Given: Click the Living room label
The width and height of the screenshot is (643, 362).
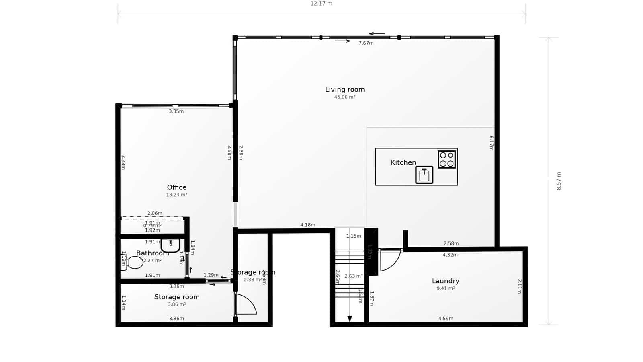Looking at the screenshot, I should (345, 90).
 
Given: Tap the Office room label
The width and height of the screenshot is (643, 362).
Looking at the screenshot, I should (177, 187).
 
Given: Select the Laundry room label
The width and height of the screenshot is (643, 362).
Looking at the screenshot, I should (445, 281).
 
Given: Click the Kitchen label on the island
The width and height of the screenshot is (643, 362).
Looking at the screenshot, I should (403, 162).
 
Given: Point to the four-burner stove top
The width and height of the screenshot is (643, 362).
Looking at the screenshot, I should (446, 159).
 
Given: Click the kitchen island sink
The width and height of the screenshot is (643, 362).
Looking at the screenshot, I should (424, 175).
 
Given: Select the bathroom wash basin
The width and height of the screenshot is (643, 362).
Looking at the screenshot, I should (170, 245).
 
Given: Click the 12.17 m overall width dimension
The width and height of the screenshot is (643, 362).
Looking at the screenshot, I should (321, 4).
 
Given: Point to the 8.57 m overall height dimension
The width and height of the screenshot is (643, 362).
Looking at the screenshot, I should (559, 181).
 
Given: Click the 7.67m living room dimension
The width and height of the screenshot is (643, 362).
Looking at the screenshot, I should (366, 43).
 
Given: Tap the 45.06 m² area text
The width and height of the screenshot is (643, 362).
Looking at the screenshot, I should (345, 97).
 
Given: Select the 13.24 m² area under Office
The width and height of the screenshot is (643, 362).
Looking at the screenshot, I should (177, 195).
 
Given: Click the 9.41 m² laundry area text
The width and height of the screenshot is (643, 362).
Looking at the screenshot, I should (446, 288).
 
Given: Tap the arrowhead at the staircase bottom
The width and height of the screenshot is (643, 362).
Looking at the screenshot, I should (350, 319).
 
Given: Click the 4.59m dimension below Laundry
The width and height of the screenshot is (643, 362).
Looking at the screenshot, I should (446, 319).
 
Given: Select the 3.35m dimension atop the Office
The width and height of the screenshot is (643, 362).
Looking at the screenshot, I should (176, 111).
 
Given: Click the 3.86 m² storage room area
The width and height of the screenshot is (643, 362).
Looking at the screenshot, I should (177, 304).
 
